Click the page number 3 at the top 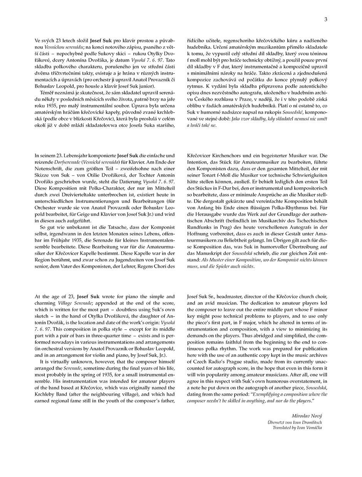(x=325, y=19)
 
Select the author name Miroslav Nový (x=307, y=416)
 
